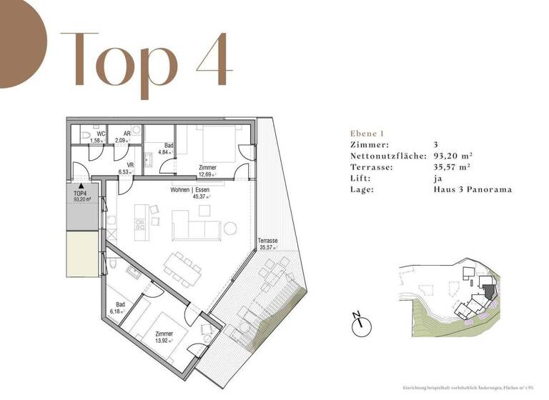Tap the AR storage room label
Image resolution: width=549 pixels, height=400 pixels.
(126, 134)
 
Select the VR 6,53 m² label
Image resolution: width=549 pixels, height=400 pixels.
(131, 169)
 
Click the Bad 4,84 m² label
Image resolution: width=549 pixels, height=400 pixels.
(160, 148)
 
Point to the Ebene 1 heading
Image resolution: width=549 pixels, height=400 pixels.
(367, 134)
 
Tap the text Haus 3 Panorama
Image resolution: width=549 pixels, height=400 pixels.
(473, 189)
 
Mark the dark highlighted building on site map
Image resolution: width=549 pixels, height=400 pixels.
(488, 291)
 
